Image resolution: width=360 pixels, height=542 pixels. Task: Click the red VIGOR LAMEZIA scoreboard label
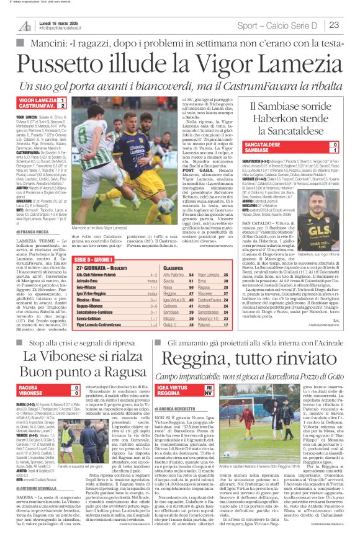coord(36,100)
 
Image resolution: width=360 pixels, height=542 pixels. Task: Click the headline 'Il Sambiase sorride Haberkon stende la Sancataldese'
coord(282,118)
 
